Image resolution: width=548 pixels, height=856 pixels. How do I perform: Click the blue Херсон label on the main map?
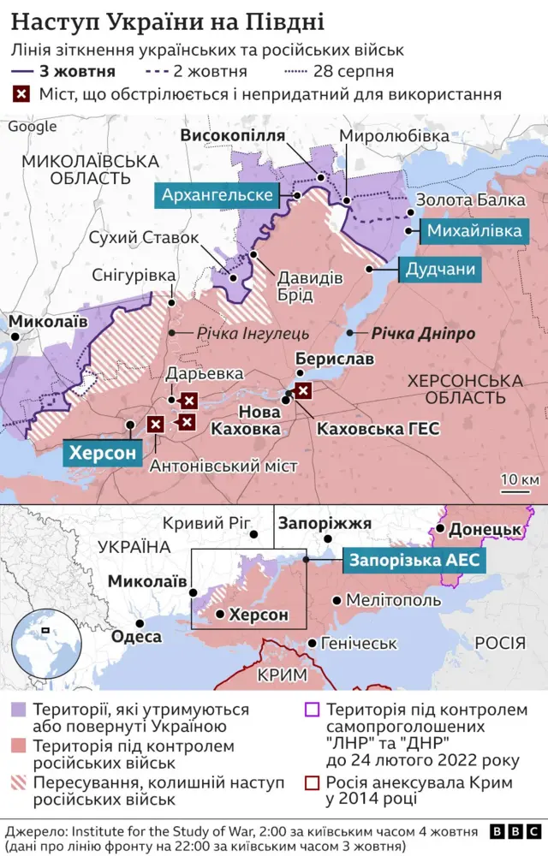103,453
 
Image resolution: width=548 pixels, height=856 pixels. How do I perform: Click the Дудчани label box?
439,270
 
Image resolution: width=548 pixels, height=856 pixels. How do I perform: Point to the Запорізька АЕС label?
415,561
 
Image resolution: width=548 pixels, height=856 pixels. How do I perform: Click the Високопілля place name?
231,136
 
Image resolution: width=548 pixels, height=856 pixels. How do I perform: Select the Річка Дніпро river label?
422,334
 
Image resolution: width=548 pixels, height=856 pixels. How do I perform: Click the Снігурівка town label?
133,275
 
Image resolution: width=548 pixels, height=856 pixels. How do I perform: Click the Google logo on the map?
32,127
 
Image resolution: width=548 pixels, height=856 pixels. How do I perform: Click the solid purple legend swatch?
19,710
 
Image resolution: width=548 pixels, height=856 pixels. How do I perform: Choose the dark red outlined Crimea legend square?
313,782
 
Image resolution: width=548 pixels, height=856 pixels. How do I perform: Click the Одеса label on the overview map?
136,636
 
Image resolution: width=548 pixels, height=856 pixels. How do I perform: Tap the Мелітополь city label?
393,601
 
